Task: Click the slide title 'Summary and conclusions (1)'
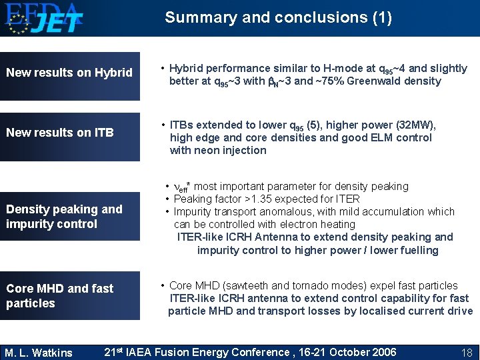[278, 17]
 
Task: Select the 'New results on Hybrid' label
[69, 73]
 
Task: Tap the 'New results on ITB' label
[60, 133]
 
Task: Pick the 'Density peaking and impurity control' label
[64, 217]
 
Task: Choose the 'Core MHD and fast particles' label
[60, 295]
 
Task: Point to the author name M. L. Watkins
[38, 353]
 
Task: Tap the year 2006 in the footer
[383, 353]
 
